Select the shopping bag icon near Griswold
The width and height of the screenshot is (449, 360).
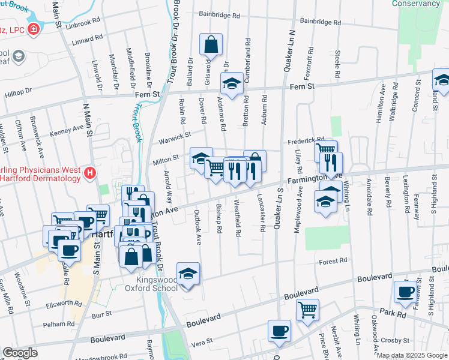click(211, 44)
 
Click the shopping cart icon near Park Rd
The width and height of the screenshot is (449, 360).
click(307, 310)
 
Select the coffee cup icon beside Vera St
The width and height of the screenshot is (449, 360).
click(280, 330)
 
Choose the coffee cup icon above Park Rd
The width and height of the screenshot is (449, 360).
click(405, 292)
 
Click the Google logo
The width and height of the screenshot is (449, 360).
click(20, 353)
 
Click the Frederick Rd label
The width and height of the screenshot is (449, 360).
click(306, 140)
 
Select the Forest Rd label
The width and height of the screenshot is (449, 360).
click(333, 261)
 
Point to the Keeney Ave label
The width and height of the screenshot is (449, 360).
click(67, 130)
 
